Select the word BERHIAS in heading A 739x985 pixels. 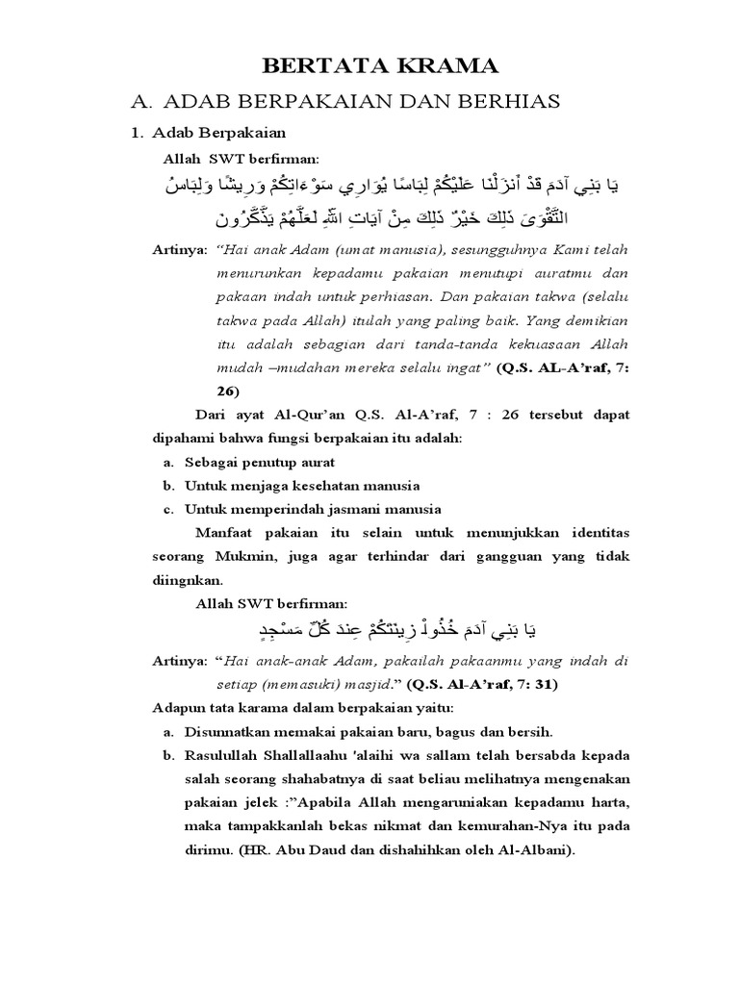pyautogui.click(x=519, y=101)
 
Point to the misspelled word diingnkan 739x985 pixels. pyautogui.click(x=188, y=580)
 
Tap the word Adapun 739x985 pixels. pyautogui.click(x=180, y=708)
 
